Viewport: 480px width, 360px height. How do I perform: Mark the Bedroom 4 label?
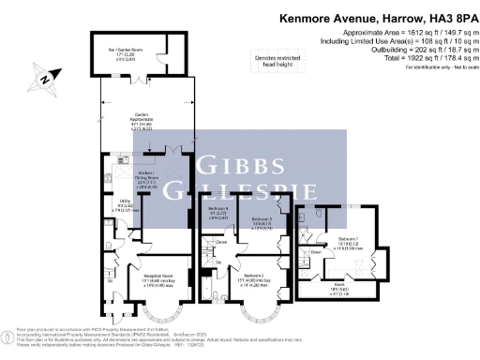click(218, 211)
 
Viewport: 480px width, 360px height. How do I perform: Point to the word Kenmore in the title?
click(309, 18)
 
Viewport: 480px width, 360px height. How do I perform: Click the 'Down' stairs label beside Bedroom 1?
click(317, 252)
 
